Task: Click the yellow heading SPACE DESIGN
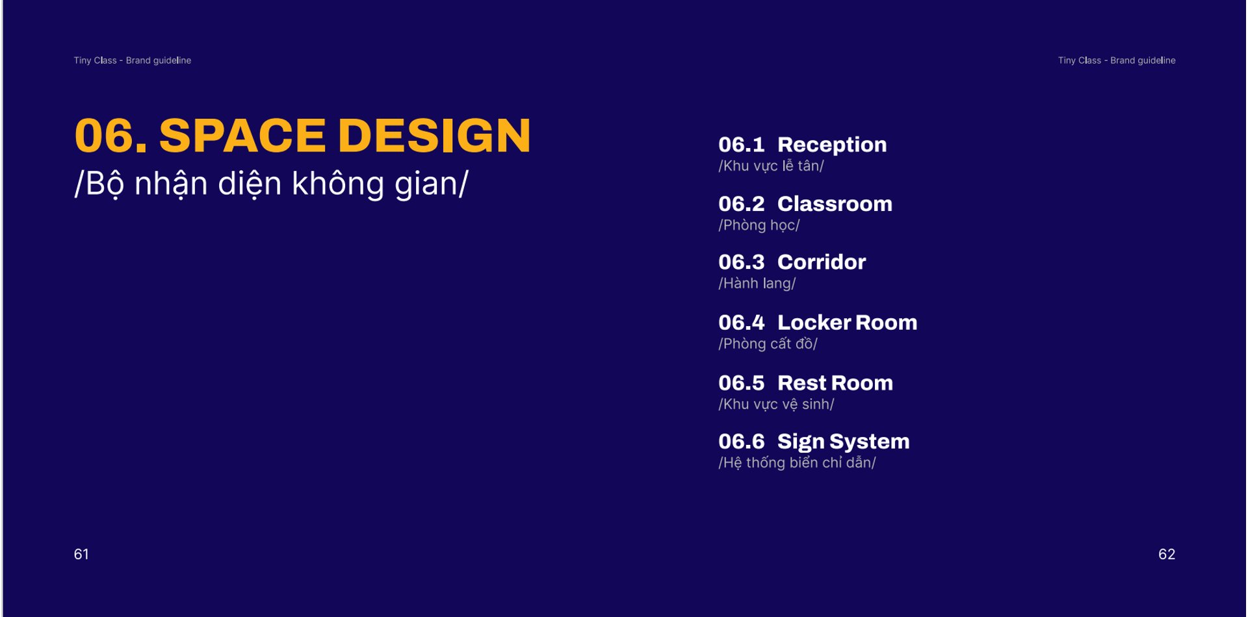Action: [x=345, y=136]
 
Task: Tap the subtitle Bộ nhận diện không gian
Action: [x=272, y=184]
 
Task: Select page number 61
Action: [x=81, y=554]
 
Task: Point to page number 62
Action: [x=1167, y=554]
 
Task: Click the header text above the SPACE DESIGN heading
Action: [x=133, y=60]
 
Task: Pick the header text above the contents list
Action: [x=1117, y=60]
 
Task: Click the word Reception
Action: [x=832, y=145]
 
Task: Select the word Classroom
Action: [x=835, y=204]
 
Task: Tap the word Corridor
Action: [x=822, y=262]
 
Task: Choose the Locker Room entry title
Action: [x=847, y=322]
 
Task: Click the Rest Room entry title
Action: [x=835, y=383]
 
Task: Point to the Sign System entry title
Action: [x=843, y=442]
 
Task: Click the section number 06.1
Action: [x=742, y=145]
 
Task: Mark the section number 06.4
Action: [x=742, y=323]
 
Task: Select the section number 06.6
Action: [x=742, y=442]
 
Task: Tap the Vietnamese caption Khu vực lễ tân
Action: [x=772, y=166]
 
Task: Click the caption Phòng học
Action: [x=759, y=225]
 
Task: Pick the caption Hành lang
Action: [x=757, y=284]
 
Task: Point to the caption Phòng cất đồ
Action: [x=768, y=344]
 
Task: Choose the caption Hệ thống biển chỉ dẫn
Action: [x=798, y=462]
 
